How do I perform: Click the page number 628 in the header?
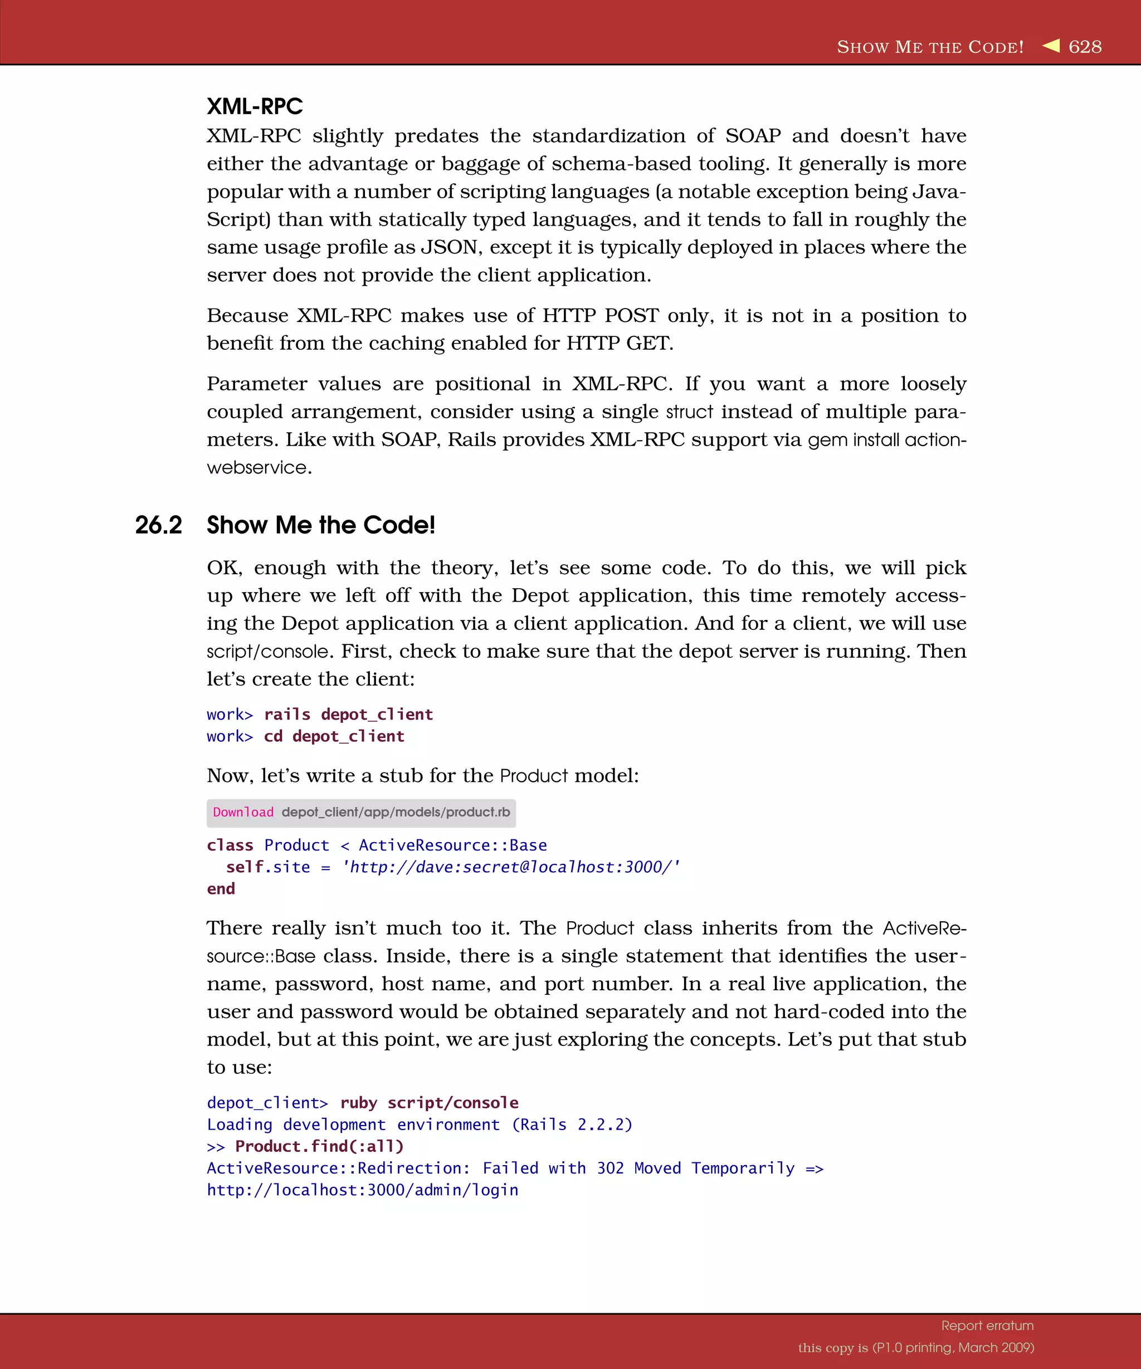pyautogui.click(x=1085, y=47)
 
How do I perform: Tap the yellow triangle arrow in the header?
pyautogui.click(x=1051, y=45)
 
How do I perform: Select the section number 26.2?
pyautogui.click(x=158, y=525)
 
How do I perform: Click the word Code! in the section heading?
pyautogui.click(x=399, y=525)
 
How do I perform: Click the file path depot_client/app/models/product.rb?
pyautogui.click(x=396, y=812)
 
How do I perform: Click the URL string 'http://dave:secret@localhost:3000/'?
pyautogui.click(x=511, y=867)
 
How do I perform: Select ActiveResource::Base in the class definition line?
pyautogui.click(x=452, y=845)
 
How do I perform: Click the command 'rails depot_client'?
pyautogui.click(x=348, y=715)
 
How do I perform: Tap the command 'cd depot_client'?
pyautogui.click(x=334, y=737)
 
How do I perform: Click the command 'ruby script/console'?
pyautogui.click(x=429, y=1103)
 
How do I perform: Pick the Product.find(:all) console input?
pyautogui.click(x=319, y=1147)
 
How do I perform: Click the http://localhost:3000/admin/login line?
pyautogui.click(x=363, y=1190)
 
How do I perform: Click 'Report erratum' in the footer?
pyautogui.click(x=987, y=1326)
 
